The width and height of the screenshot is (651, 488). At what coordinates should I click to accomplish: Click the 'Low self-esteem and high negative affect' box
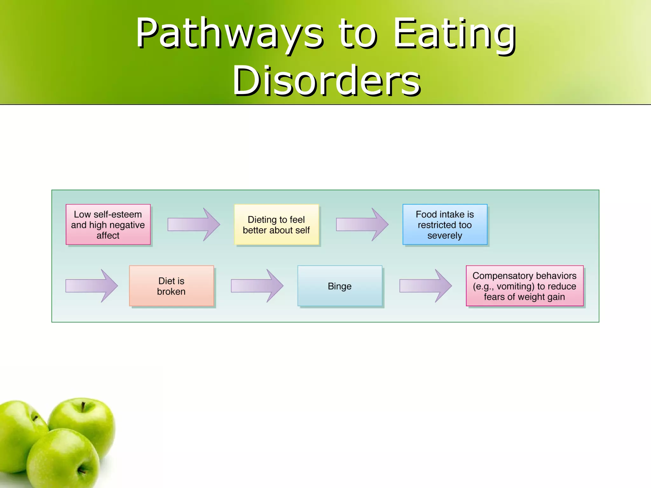pyautogui.click(x=108, y=224)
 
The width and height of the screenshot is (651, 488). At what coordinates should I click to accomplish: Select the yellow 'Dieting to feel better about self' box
pyautogui.click(x=276, y=224)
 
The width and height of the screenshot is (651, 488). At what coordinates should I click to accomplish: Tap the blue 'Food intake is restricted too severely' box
pyautogui.click(x=445, y=224)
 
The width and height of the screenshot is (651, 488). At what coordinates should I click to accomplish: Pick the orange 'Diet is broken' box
pyautogui.click(x=171, y=286)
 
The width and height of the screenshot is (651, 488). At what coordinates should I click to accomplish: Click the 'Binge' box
pyautogui.click(x=339, y=286)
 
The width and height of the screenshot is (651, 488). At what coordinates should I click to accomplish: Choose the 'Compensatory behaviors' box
pyautogui.click(x=524, y=286)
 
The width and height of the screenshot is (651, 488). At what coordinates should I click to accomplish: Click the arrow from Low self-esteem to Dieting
pyautogui.click(x=193, y=224)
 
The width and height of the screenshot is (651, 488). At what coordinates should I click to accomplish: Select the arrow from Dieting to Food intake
pyautogui.click(x=362, y=224)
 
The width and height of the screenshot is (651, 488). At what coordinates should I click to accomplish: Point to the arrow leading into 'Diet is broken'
pyautogui.click(x=91, y=286)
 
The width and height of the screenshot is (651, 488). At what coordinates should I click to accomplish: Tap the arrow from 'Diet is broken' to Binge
pyautogui.click(x=257, y=286)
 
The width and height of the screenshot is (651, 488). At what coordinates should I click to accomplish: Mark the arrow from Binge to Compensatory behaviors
pyautogui.click(x=425, y=286)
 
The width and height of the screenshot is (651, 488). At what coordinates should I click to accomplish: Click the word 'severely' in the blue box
pyautogui.click(x=445, y=235)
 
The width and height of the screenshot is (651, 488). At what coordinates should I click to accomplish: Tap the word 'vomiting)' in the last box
pyautogui.click(x=515, y=286)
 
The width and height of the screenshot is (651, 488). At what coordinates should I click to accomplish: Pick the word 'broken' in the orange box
pyautogui.click(x=171, y=291)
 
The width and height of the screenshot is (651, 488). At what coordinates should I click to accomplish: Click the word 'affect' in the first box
pyautogui.click(x=108, y=235)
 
